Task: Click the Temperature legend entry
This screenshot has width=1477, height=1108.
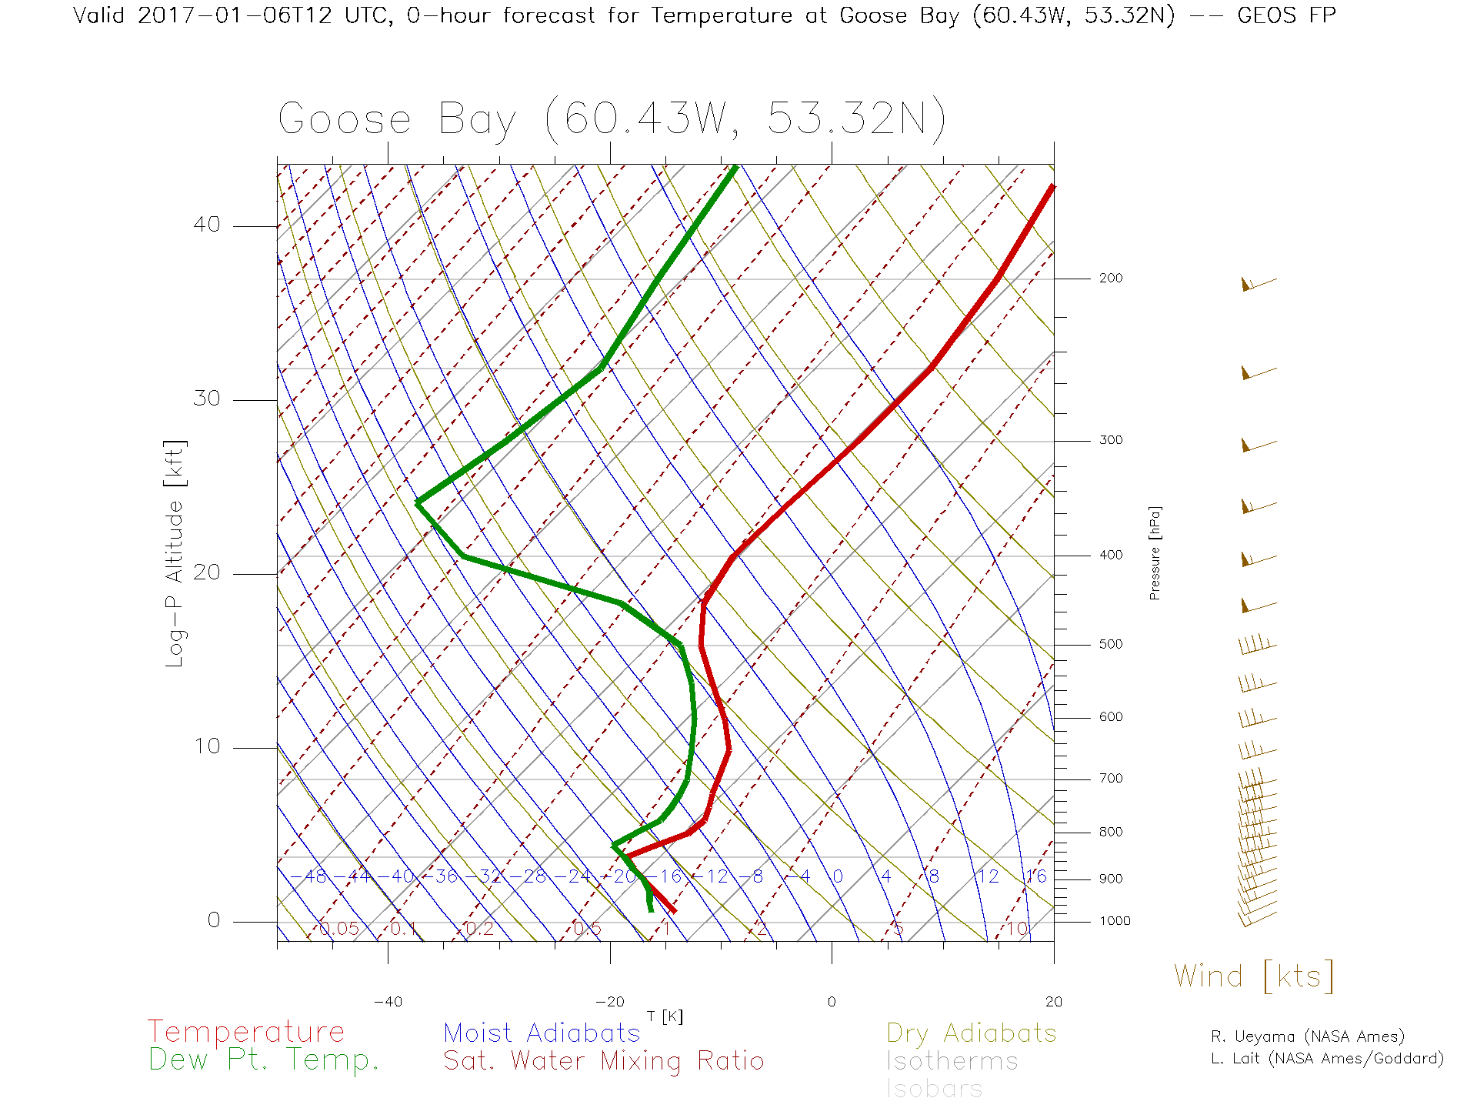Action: [x=245, y=1032]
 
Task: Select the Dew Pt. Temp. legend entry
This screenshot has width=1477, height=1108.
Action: [x=264, y=1060]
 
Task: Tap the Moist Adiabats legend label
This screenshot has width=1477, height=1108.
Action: [x=542, y=1033]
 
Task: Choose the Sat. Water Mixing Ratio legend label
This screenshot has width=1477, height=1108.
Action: [x=603, y=1061]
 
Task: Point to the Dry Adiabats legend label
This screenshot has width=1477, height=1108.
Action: [x=971, y=1033]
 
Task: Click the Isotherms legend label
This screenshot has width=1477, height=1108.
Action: [x=952, y=1061]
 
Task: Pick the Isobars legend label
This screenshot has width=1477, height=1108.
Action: [x=934, y=1089]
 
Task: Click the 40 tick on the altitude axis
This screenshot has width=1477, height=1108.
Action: [x=207, y=225]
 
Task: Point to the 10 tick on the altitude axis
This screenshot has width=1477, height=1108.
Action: [x=207, y=746]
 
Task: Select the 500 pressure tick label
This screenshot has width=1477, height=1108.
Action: [x=1110, y=644]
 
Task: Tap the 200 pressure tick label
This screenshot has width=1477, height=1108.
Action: [x=1110, y=278]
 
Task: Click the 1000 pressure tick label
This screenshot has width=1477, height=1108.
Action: [x=1114, y=921]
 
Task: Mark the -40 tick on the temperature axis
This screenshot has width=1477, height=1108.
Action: [x=388, y=1002]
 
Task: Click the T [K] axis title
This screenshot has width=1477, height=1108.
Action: [x=665, y=1016]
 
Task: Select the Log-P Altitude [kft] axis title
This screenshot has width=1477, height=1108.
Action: [x=175, y=554]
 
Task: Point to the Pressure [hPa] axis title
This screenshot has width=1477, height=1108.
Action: [x=1155, y=552]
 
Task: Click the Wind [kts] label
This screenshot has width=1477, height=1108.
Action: [x=1253, y=976]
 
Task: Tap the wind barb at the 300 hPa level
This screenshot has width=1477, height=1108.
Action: [x=1257, y=445]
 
